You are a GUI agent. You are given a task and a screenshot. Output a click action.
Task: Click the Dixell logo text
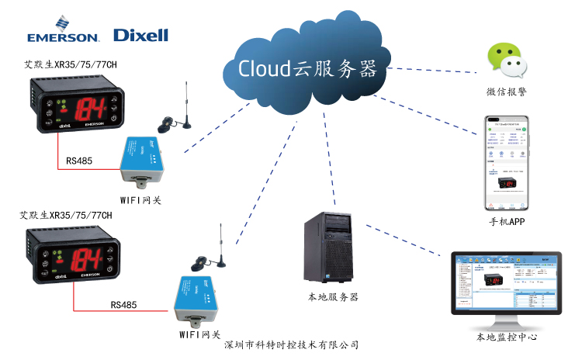pyautogui.click(x=140, y=35)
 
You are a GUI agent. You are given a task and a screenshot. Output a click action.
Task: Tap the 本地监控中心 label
pyautogui.click(x=507, y=337)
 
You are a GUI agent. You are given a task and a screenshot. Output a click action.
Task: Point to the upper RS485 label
pyautogui.click(x=79, y=161)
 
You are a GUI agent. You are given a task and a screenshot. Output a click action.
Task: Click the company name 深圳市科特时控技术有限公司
pyautogui.click(x=291, y=344)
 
